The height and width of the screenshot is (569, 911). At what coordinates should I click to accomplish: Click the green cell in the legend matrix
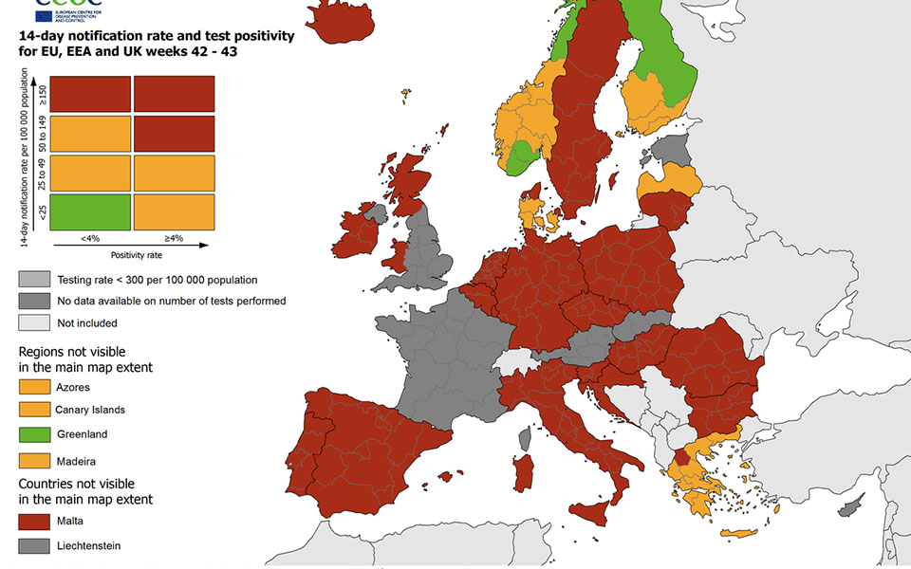(x=90, y=211)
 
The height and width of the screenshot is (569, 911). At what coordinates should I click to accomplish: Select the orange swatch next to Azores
(x=33, y=387)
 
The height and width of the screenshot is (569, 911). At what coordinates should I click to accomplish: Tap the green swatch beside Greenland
(x=33, y=434)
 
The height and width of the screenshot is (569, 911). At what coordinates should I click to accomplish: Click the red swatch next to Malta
(x=33, y=521)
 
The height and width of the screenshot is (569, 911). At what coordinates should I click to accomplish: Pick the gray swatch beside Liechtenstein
(x=33, y=545)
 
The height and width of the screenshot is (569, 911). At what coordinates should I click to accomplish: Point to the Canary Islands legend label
(x=90, y=410)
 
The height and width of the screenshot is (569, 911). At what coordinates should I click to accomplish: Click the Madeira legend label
(x=76, y=460)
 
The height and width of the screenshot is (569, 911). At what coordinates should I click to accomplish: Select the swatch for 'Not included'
(x=33, y=322)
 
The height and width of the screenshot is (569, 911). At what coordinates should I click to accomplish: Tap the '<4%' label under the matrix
(x=89, y=238)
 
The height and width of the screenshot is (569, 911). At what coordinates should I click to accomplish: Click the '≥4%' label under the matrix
(x=172, y=238)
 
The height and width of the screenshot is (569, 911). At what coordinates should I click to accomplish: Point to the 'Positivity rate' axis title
(x=131, y=254)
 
